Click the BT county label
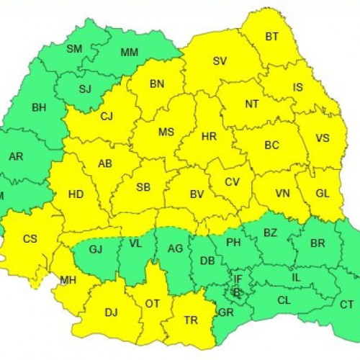pos(271,37)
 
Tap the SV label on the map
pos(220,61)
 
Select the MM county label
pos(130,53)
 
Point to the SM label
pos(74,49)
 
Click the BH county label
pos(39,108)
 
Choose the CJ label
pos(107,116)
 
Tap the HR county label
pos(209,136)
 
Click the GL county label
pos(323,193)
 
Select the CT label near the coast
pos(346,305)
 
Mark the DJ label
pos(111,312)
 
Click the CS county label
pos(30,239)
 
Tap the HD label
pos(76,194)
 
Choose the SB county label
pos(143,187)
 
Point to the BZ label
pos(270,232)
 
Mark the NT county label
pos(251,104)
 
